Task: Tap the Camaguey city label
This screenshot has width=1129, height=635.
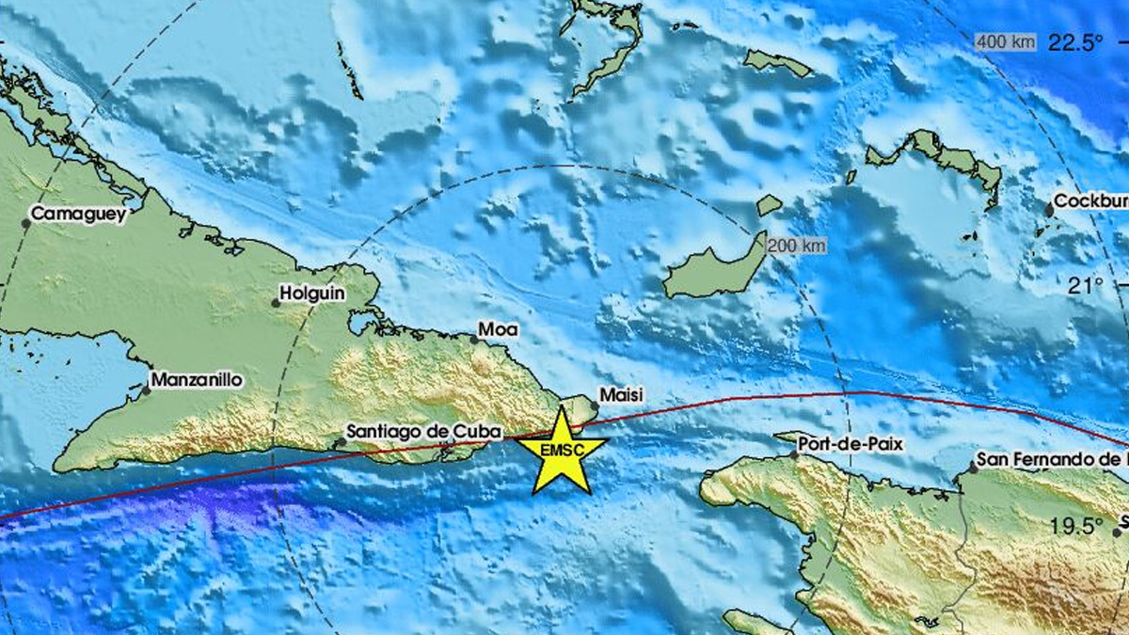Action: pyautogui.click(x=78, y=215)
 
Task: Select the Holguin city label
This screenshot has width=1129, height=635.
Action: pyautogui.click(x=313, y=294)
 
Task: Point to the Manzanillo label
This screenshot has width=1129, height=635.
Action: pyautogui.click(x=198, y=381)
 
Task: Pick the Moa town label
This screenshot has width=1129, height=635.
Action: pyautogui.click(x=498, y=329)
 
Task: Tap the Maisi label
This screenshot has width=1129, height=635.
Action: pyautogui.click(x=622, y=397)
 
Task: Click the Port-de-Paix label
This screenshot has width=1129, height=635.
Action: pyautogui.click(x=850, y=443)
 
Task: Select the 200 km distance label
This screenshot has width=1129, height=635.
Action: pyautogui.click(x=796, y=246)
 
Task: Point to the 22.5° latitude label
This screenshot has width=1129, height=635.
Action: pyautogui.click(x=1075, y=41)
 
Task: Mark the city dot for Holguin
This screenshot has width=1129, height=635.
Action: pyautogui.click(x=276, y=303)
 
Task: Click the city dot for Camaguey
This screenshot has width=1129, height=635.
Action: pyautogui.click(x=26, y=223)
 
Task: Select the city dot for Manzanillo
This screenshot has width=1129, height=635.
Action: pyautogui.click(x=147, y=389)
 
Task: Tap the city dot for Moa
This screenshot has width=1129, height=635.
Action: pyautogui.click(x=474, y=339)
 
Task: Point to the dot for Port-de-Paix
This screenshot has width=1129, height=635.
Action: pyautogui.click(x=793, y=454)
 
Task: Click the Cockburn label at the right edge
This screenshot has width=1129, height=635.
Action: pyautogui.click(x=1089, y=201)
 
